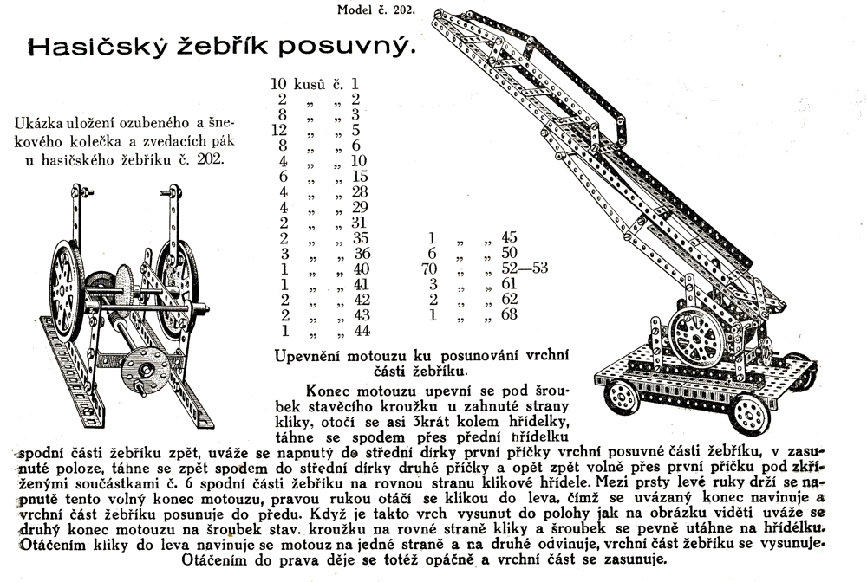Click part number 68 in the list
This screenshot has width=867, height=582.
click(x=508, y=314)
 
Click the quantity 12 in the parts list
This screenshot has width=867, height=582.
click(x=278, y=131)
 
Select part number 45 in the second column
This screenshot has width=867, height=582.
click(x=508, y=236)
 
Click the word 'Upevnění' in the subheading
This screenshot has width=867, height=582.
click(x=310, y=355)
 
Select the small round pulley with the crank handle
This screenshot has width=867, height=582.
click(x=140, y=371)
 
